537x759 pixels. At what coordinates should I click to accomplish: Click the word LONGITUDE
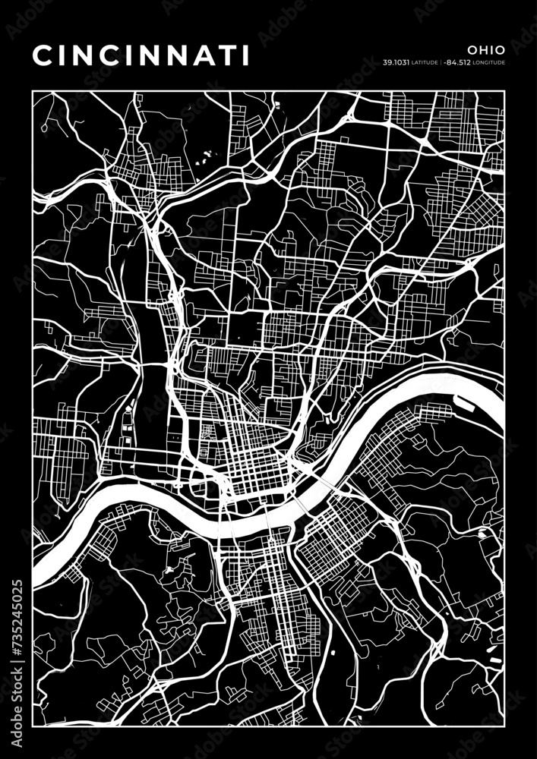pyautogui.click(x=490, y=63)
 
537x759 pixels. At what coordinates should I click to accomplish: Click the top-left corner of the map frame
pyautogui.click(x=33, y=90)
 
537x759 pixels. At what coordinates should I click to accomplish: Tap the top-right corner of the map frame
pyautogui.click(x=504, y=90)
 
